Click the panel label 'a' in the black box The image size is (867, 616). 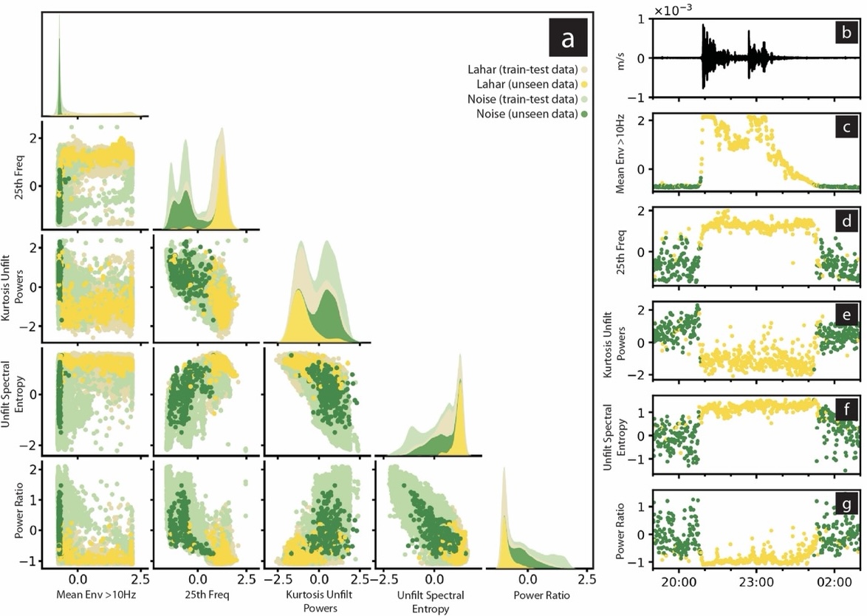(567, 39)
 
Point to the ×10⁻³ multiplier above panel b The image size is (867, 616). (676, 10)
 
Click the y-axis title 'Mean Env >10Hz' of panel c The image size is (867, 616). (620, 153)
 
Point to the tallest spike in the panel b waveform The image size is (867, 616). (703, 27)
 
